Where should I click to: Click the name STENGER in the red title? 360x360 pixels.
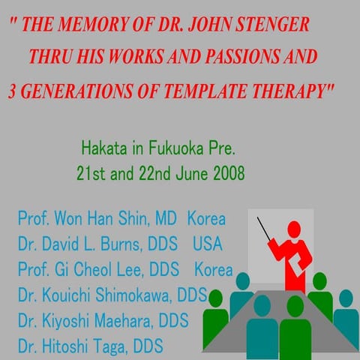pos(272,23)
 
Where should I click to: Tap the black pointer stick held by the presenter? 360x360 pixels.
pos(267,229)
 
